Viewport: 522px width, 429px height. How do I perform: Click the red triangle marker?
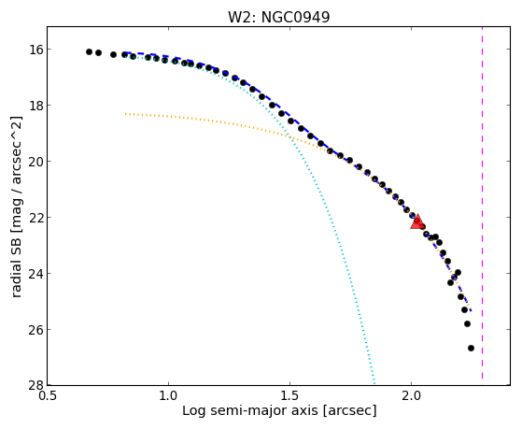coord(416,222)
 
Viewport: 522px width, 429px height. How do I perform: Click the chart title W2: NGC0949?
coord(278,18)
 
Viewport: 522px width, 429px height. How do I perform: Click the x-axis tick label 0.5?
coord(48,395)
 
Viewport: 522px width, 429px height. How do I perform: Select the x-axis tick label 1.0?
coord(168,395)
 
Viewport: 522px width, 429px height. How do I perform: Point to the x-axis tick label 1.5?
coord(290,395)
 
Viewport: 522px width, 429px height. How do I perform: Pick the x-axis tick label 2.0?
coord(411,395)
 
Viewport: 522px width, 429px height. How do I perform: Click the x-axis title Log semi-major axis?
coord(250,411)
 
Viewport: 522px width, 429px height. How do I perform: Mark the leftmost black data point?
coord(89,51)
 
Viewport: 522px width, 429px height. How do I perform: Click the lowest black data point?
coord(471,348)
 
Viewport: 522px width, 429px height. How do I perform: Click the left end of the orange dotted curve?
coord(125,114)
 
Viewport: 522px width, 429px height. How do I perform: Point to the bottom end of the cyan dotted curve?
coord(374,383)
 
